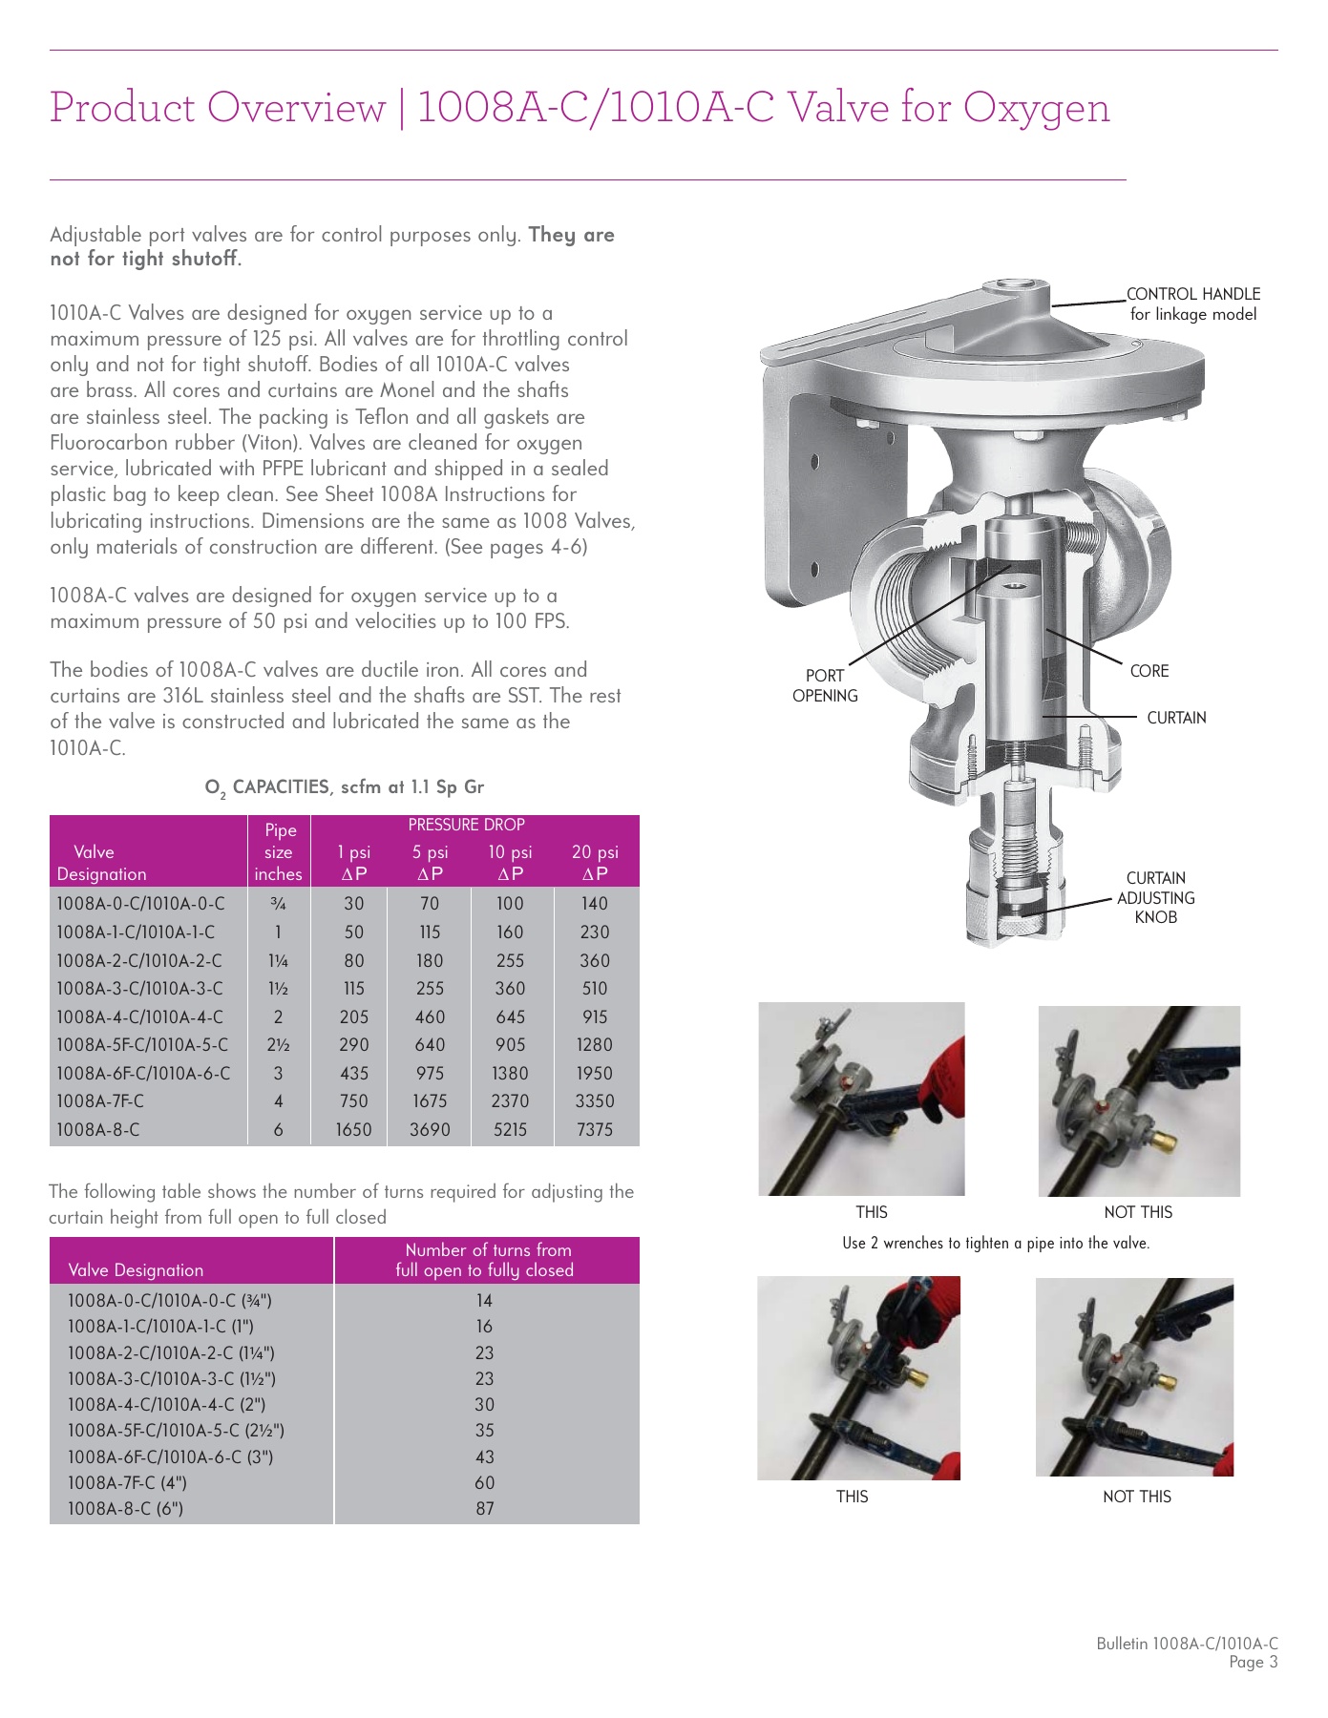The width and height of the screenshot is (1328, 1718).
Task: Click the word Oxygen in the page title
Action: click(x=1036, y=108)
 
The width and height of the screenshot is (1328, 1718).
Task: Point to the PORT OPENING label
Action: click(x=825, y=685)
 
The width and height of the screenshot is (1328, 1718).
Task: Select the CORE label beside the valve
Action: click(x=1149, y=671)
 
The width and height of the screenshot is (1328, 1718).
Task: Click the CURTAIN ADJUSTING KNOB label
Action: click(x=1155, y=897)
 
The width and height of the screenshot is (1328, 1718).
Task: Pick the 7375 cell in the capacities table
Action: click(x=594, y=1129)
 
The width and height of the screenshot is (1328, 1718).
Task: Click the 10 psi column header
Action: click(x=510, y=861)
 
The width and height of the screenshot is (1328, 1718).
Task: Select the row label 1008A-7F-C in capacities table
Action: click(x=100, y=1100)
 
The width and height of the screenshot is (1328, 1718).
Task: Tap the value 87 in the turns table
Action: click(x=485, y=1508)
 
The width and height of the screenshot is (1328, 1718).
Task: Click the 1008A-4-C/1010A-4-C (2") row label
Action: click(x=166, y=1404)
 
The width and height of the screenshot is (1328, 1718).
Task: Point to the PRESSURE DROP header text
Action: click(x=466, y=825)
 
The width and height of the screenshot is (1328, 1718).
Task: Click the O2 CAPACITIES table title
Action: click(x=344, y=787)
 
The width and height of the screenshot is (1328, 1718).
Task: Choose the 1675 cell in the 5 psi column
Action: click(x=430, y=1100)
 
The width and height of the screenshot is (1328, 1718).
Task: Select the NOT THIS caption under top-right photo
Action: click(x=1138, y=1212)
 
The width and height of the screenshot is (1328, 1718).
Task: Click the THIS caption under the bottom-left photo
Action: click(x=852, y=1497)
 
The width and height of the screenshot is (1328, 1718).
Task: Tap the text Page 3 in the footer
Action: click(x=1253, y=1663)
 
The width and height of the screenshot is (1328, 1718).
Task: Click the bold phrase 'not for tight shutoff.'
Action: click(x=145, y=259)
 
